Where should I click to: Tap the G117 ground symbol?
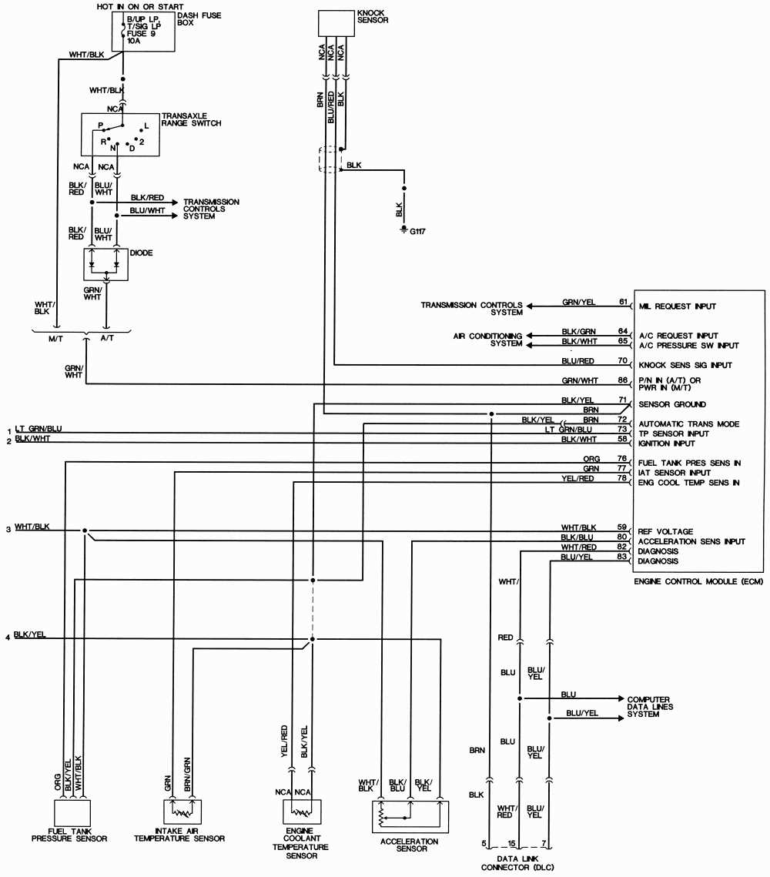pyautogui.click(x=403, y=230)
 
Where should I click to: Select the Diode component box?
pyautogui.click(x=105, y=264)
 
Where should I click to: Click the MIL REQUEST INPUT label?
pyautogui.click(x=677, y=306)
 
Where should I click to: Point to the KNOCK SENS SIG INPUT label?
pyautogui.click(x=685, y=365)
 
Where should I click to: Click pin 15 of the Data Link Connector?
pyautogui.click(x=511, y=843)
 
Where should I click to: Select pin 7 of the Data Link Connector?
pyautogui.click(x=544, y=843)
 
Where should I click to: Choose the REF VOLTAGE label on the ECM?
pyautogui.click(x=665, y=531)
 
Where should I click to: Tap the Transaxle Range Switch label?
pyautogui.click(x=191, y=119)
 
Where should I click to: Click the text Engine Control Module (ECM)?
pyautogui.click(x=698, y=581)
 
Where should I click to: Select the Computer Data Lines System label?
pyautogui.click(x=650, y=706)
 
